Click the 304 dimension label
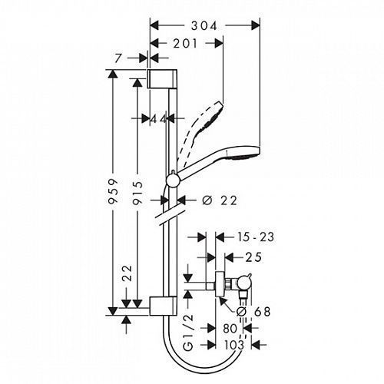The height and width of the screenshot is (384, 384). [x=204, y=26]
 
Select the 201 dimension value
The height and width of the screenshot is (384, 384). [x=185, y=44]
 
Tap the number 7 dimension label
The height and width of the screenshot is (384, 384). [x=118, y=58]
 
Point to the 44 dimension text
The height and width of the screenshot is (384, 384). [x=158, y=118]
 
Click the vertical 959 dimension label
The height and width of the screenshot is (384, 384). [x=113, y=191]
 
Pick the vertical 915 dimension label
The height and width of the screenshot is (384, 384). [x=138, y=193]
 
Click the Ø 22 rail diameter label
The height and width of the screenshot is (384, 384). [x=220, y=200]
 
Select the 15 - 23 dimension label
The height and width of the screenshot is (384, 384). [x=255, y=237]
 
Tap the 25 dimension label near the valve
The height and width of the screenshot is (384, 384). [x=253, y=257]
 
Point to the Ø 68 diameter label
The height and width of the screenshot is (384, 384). [x=253, y=312]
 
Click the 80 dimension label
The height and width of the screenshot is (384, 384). [x=230, y=329]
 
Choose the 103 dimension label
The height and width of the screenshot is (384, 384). [x=234, y=345]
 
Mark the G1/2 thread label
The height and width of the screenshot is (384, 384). [x=188, y=333]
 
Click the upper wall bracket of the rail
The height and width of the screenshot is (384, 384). [x=162, y=78]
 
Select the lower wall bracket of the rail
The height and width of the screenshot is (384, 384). [x=163, y=306]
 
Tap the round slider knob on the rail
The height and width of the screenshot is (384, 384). [x=174, y=180]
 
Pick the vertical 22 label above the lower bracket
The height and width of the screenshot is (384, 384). [x=127, y=273]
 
